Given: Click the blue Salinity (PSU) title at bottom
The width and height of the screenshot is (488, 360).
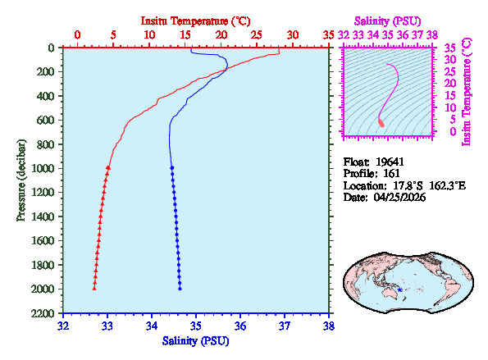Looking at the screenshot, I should (195, 340).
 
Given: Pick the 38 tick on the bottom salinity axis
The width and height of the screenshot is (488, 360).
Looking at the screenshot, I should (328, 326).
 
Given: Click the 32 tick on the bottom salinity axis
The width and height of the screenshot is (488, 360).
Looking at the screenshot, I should (63, 326).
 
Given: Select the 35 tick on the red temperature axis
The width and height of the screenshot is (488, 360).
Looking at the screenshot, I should (329, 35).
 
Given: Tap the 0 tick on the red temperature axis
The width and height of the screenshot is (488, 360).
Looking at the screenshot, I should (77, 35).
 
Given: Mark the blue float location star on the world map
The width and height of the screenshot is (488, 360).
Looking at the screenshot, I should (399, 289).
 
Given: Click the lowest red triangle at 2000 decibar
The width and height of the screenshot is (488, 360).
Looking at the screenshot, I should (94, 288).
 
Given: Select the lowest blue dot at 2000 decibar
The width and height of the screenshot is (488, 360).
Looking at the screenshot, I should (180, 288).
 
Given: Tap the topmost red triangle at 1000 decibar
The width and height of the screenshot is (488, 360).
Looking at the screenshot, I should (108, 167).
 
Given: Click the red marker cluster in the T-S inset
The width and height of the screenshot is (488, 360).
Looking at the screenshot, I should (381, 122).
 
